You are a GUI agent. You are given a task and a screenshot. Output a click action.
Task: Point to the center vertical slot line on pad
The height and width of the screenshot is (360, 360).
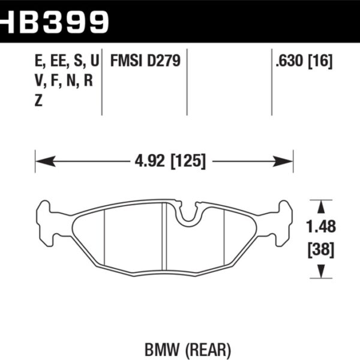(164, 237)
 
